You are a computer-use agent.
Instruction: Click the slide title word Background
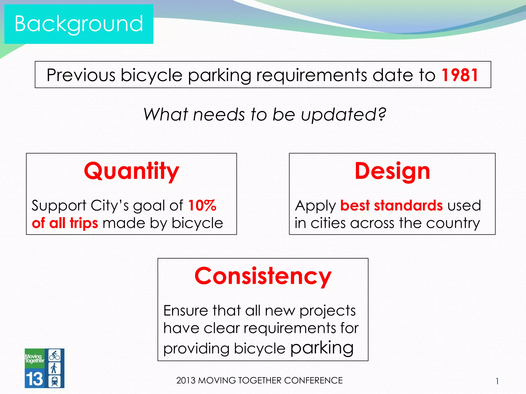[79, 24]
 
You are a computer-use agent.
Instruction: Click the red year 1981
[460, 75]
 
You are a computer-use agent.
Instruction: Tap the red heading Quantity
[131, 171]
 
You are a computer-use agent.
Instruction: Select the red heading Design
[392, 171]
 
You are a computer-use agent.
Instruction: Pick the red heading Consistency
[263, 276]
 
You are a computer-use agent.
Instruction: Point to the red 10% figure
[202, 205]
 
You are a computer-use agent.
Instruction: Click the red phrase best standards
[391, 205]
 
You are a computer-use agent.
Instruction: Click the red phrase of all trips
[65, 223]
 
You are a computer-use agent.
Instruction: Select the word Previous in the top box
[81, 75]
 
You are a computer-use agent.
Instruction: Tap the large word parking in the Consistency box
[322, 348]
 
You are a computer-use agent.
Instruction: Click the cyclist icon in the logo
[54, 355]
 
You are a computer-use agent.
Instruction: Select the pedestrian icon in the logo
[54, 368]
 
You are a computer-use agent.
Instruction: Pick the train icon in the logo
[54, 381]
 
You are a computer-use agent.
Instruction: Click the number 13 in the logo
[34, 379]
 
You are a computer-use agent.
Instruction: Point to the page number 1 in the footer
[497, 381]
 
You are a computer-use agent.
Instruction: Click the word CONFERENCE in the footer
[313, 380]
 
